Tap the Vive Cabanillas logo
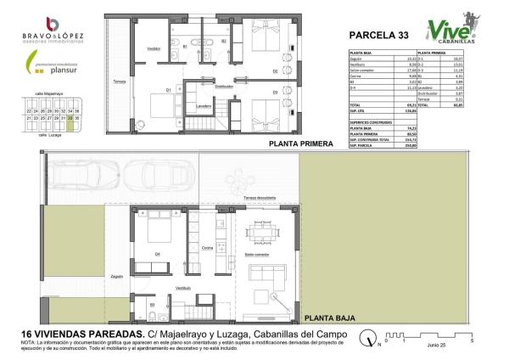(447, 31)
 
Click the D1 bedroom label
(169, 90)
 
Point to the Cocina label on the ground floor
(207, 249)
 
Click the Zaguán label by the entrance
(117, 276)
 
